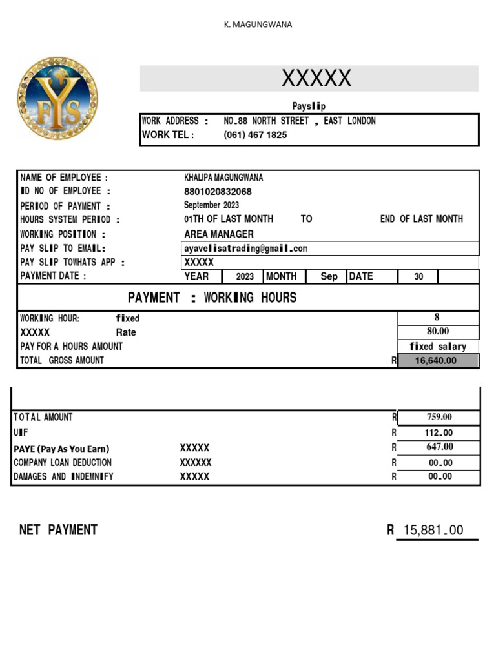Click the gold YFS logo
[58, 98]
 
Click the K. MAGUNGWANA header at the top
[258, 25]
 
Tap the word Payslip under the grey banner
[313, 106]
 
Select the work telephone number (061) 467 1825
[255, 135]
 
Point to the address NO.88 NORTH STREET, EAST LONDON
[299, 121]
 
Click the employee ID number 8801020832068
[218, 192]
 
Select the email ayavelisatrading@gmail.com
[245, 248]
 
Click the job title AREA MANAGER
[219, 234]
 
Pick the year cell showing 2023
[245, 276]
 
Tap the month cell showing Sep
[329, 276]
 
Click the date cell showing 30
[418, 276]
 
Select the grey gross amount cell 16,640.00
[439, 361]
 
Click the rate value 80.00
[438, 331]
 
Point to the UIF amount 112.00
[440, 433]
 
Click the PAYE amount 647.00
[440, 447]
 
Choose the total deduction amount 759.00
[440, 417]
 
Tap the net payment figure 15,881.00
[433, 530]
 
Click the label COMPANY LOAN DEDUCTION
[62, 462]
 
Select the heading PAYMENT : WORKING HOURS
[212, 298]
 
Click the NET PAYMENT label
[58, 530]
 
